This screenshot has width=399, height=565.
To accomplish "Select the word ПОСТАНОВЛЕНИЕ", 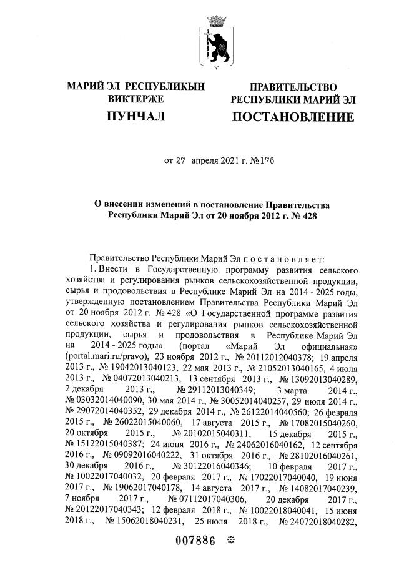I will click(292, 117).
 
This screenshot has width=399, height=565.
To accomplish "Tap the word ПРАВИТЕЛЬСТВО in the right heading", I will click(293, 86).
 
